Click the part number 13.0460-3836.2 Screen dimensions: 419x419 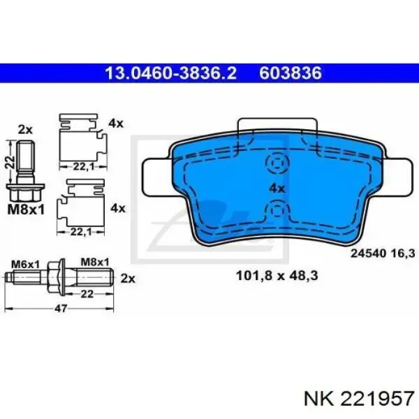[171, 73]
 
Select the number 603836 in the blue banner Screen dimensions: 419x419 [291, 73]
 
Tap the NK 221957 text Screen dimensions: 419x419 [359, 399]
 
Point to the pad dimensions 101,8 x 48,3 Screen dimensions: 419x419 [277, 276]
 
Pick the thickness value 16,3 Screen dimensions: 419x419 [403, 253]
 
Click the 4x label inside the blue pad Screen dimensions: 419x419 [277, 189]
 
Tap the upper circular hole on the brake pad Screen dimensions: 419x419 [278, 162]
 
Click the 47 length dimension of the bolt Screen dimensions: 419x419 [60, 309]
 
